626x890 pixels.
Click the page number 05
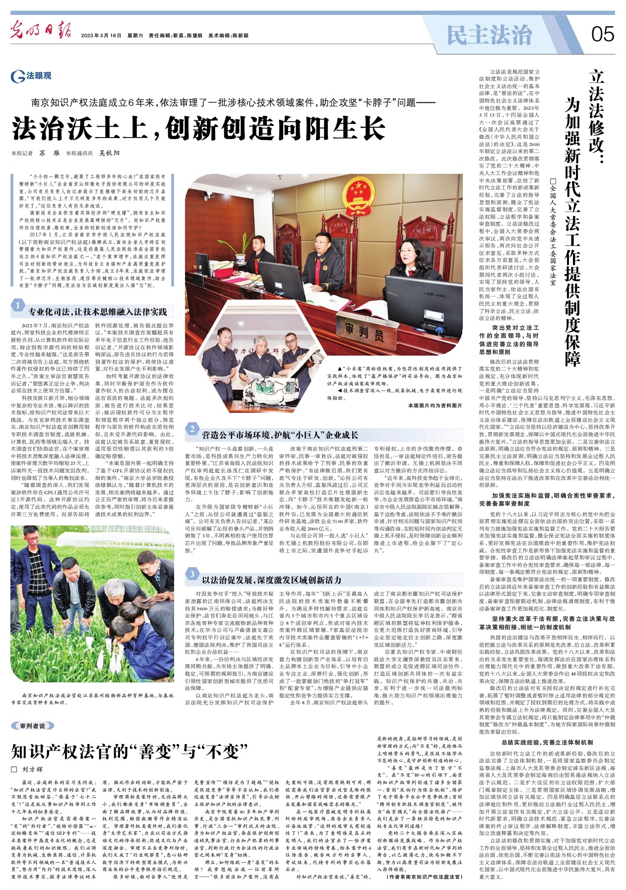(602, 35)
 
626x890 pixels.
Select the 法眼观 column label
(32, 76)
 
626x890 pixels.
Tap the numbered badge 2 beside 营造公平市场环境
(192, 429)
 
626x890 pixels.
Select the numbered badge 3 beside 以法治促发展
(192, 574)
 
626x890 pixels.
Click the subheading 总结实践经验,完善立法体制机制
(547, 742)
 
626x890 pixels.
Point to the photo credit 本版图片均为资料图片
(435, 405)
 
